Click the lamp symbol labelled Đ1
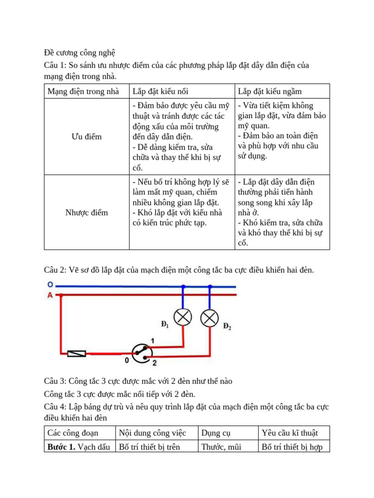coord(183,317)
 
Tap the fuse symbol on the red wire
coord(77,354)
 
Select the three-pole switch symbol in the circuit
coord(142,354)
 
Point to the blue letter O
coord(50,285)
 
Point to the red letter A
coord(50,295)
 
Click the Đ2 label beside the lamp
coord(227,326)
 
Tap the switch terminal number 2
coord(154,363)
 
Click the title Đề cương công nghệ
coord(79,53)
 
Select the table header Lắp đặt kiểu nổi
coord(161,91)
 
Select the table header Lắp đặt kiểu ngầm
coord(270,91)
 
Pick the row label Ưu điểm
coord(87,137)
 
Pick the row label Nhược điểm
coord(87,213)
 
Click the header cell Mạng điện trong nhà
coord(83,91)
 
